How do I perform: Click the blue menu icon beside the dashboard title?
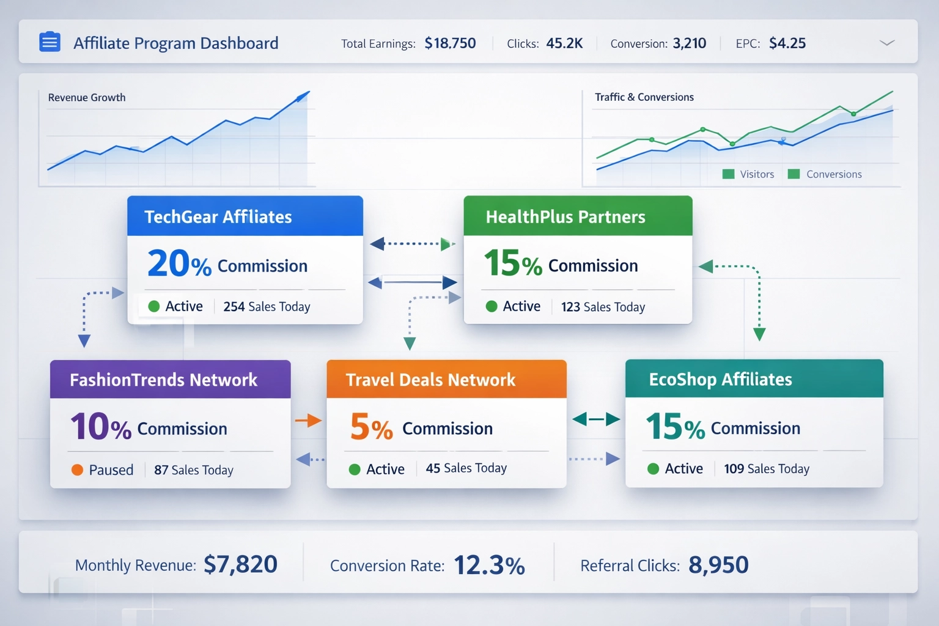pyautogui.click(x=50, y=42)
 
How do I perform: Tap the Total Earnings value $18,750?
pyautogui.click(x=450, y=43)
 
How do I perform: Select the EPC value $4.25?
pyautogui.click(x=787, y=43)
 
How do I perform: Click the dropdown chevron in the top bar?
pyautogui.click(x=886, y=43)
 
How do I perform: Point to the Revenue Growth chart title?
pyautogui.click(x=87, y=98)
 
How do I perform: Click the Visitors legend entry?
pyautogui.click(x=749, y=174)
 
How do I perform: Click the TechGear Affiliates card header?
pyautogui.click(x=245, y=216)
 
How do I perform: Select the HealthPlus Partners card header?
pyautogui.click(x=578, y=216)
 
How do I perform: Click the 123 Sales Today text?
pyautogui.click(x=603, y=307)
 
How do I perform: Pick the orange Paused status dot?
pyautogui.click(x=77, y=469)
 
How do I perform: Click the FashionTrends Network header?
pyautogui.click(x=170, y=380)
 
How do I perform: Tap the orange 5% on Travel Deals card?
pyautogui.click(x=371, y=427)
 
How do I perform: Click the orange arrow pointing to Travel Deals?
pyautogui.click(x=308, y=420)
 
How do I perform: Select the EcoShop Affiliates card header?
pyautogui.click(x=754, y=379)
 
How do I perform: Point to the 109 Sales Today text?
pyautogui.click(x=767, y=469)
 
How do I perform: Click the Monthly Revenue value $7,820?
pyautogui.click(x=240, y=564)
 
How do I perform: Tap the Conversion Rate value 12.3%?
pyautogui.click(x=489, y=565)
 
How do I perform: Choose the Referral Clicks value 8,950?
pyautogui.click(x=718, y=565)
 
